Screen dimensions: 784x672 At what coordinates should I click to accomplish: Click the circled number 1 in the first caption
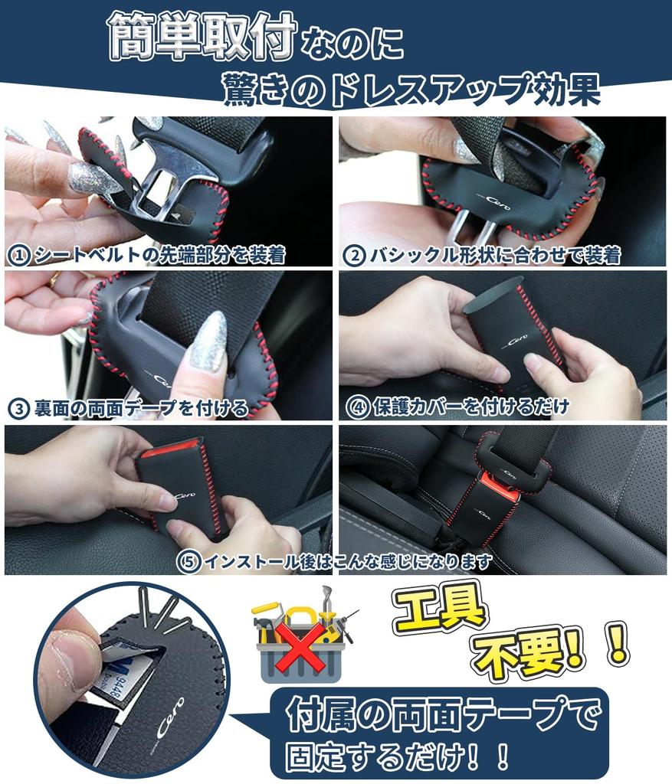18,255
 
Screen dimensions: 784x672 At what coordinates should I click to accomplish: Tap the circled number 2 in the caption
354,255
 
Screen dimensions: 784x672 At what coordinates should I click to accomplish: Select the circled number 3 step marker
18,407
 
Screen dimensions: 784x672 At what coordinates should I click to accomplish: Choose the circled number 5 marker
188,562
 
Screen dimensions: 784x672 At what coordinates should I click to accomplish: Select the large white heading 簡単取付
202,38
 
